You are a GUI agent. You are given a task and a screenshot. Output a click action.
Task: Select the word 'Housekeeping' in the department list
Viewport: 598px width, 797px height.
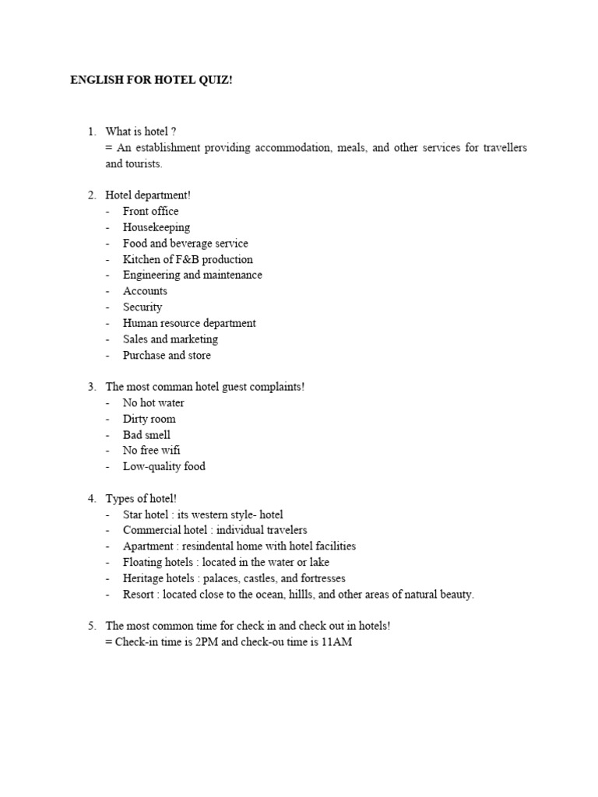(156, 227)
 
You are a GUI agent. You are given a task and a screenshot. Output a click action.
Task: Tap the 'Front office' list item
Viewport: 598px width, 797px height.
(150, 211)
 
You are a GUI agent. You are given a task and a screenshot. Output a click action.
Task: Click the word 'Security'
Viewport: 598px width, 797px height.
(142, 307)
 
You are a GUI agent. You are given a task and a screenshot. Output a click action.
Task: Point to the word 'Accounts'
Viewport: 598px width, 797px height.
(145, 291)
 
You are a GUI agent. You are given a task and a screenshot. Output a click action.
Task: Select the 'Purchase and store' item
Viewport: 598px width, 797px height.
(167, 355)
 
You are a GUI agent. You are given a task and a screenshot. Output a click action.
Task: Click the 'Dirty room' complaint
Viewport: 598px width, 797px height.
(149, 419)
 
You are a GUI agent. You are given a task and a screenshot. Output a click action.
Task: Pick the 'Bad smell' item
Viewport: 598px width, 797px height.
(146, 434)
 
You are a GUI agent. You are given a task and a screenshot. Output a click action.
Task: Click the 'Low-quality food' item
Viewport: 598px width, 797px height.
(164, 466)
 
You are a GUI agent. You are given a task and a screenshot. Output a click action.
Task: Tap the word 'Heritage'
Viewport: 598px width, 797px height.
(143, 578)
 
